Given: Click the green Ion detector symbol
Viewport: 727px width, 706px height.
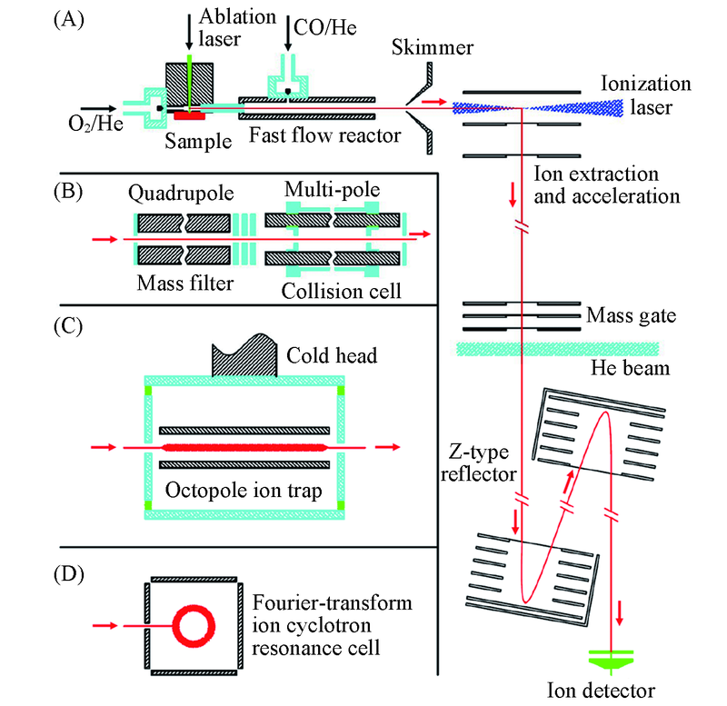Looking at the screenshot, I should pos(603,656).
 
